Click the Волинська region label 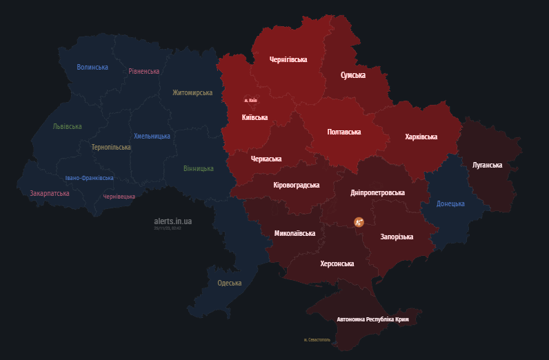(92, 67)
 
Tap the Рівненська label (143, 71)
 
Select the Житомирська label (192, 92)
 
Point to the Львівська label (67, 126)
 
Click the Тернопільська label (110, 147)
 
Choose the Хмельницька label (152, 136)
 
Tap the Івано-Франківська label (89, 178)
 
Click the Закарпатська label (50, 193)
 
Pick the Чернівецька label (119, 197)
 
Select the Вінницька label (199, 168)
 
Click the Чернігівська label (288, 59)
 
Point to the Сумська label (353, 74)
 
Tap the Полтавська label (343, 132)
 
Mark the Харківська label (421, 137)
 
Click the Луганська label (487, 165)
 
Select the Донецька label (450, 203)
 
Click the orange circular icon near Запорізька (359, 222)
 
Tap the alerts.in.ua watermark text (172, 221)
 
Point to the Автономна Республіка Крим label (377, 319)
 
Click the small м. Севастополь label (317, 340)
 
